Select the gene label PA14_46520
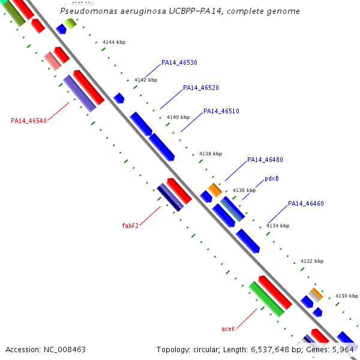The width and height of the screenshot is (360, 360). coord(201,88)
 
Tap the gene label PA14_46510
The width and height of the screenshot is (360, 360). coord(221,111)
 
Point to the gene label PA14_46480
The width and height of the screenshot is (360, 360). coord(265,160)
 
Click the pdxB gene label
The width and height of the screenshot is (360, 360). coord(271,179)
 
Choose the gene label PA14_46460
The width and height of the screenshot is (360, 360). coord(306,203)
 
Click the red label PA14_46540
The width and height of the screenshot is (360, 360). coord(29,121)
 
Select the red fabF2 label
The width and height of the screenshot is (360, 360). coord(130,226)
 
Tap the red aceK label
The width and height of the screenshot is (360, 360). coord(228,329)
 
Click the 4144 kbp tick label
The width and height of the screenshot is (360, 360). coord(114,42)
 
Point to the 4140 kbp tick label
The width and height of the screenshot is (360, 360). coord(178,117)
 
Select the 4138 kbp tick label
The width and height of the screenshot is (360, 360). coord(211,154)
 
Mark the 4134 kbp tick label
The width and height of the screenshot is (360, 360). coord(277,226)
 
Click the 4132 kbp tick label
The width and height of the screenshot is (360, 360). coord(311,261)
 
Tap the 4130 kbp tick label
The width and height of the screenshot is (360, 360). coord(346,296)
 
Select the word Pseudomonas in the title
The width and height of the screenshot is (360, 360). coord(87,11)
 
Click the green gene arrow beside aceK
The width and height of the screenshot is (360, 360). coord(266,299)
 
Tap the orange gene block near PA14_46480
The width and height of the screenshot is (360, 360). coord(215,190)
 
